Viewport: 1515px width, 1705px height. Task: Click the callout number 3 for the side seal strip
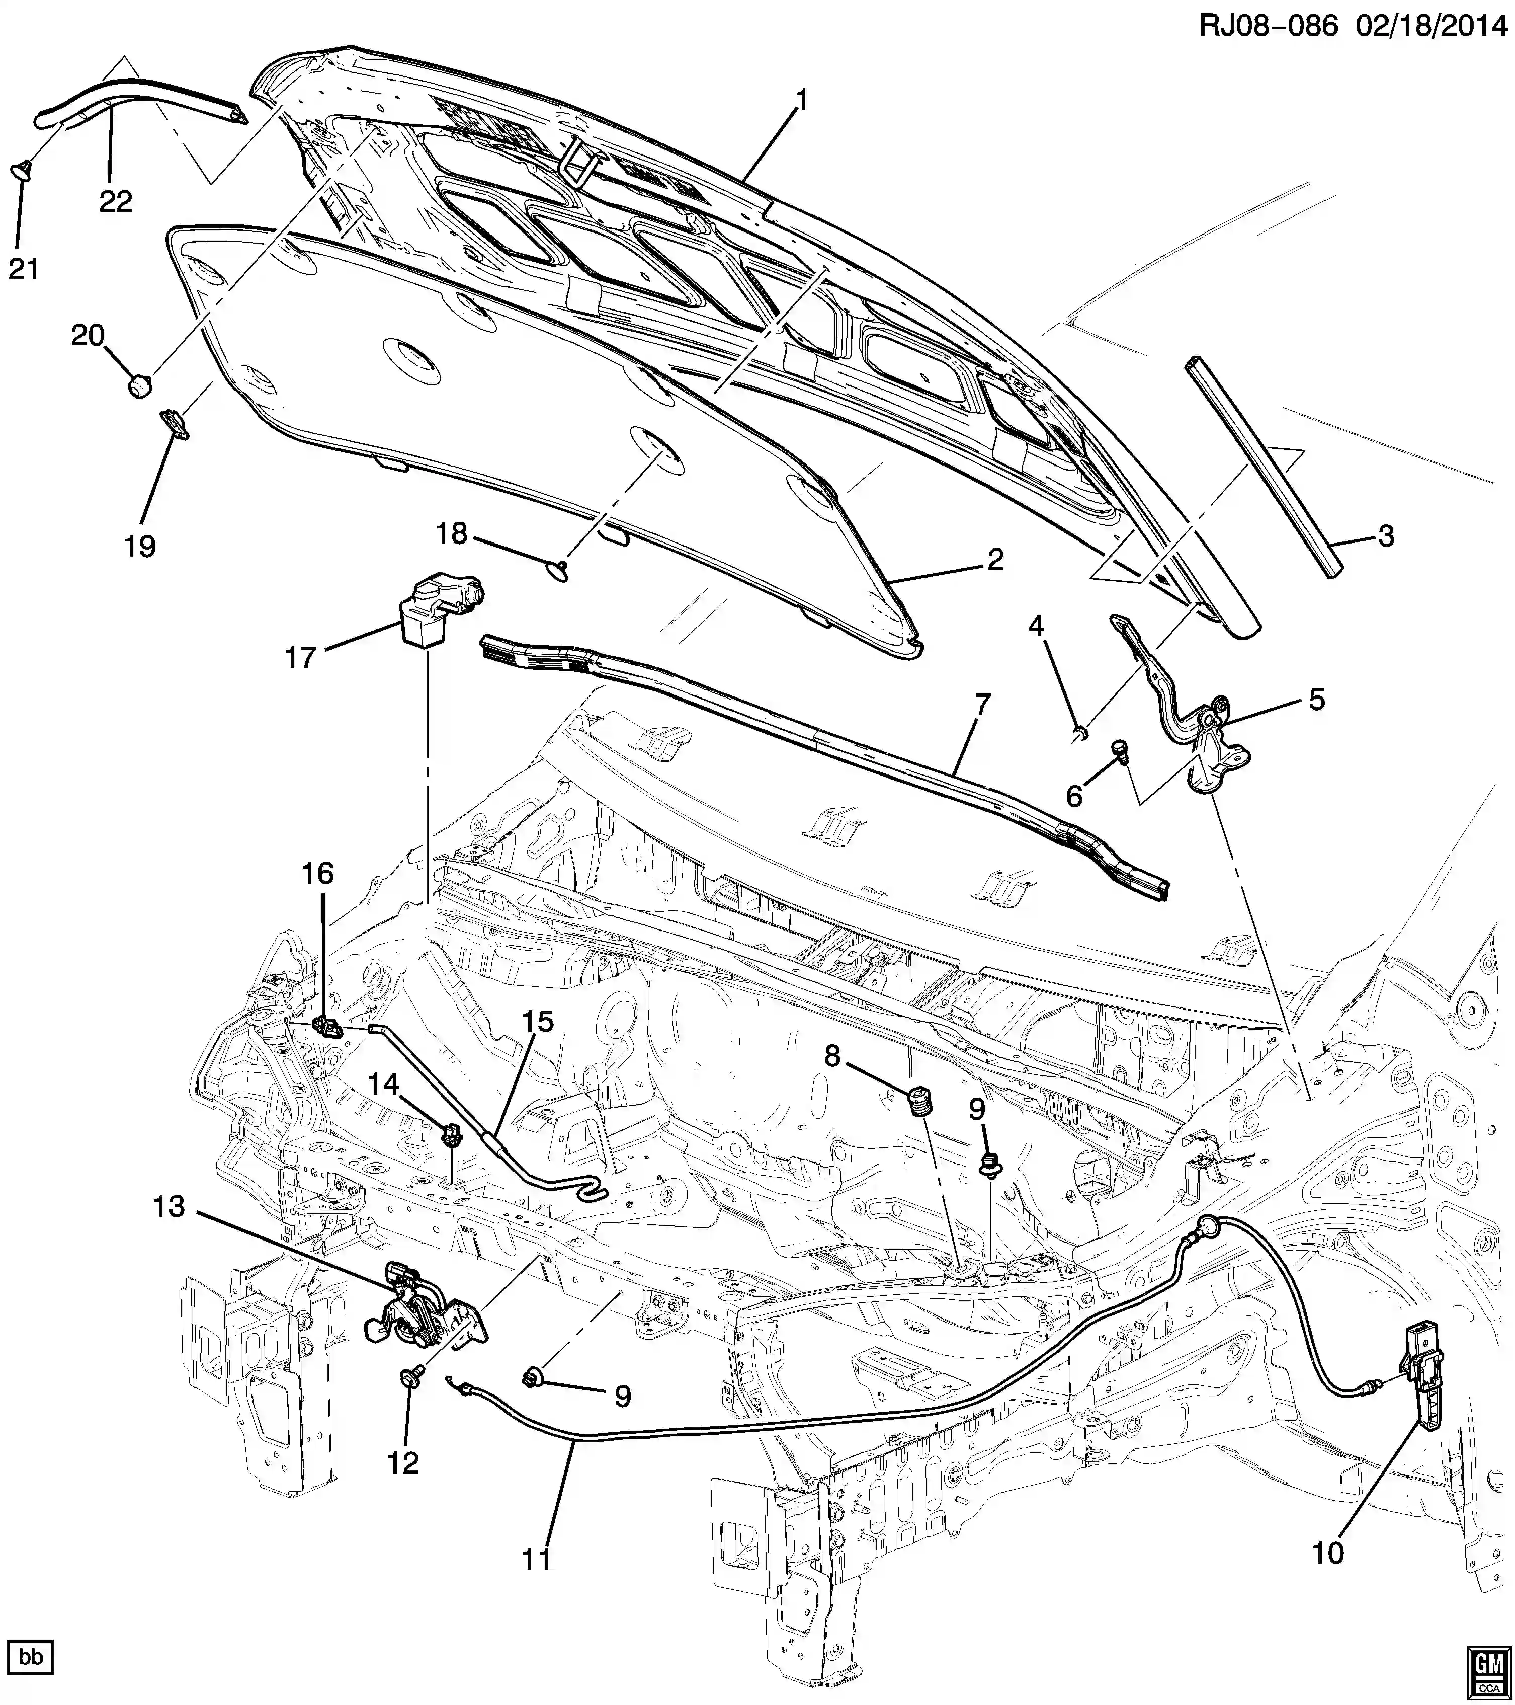click(x=1386, y=536)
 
